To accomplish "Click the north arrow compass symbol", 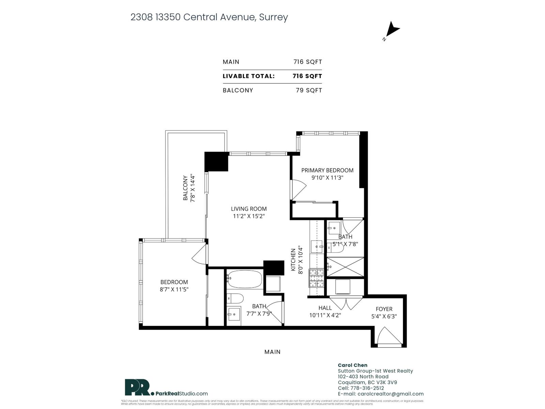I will pos(392,30).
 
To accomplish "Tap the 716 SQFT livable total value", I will pos(307,76).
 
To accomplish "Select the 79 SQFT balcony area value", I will pos(309,90).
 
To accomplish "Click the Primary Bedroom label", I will pos(327,170).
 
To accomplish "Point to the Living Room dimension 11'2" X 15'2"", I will pos(249,216).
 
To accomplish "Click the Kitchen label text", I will pos(293,260).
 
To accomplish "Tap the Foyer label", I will pos(384,309).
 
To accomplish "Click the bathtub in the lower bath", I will pos(245,279).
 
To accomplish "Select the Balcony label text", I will pos(185,188).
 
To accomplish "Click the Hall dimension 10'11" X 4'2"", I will pos(325,315).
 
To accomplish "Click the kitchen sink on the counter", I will pos(317,246).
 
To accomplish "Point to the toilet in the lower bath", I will pos(235,299).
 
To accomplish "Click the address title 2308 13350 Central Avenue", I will pos(209,17).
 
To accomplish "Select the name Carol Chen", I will pos(352,365).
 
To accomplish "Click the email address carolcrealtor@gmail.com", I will pos(390,394).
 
